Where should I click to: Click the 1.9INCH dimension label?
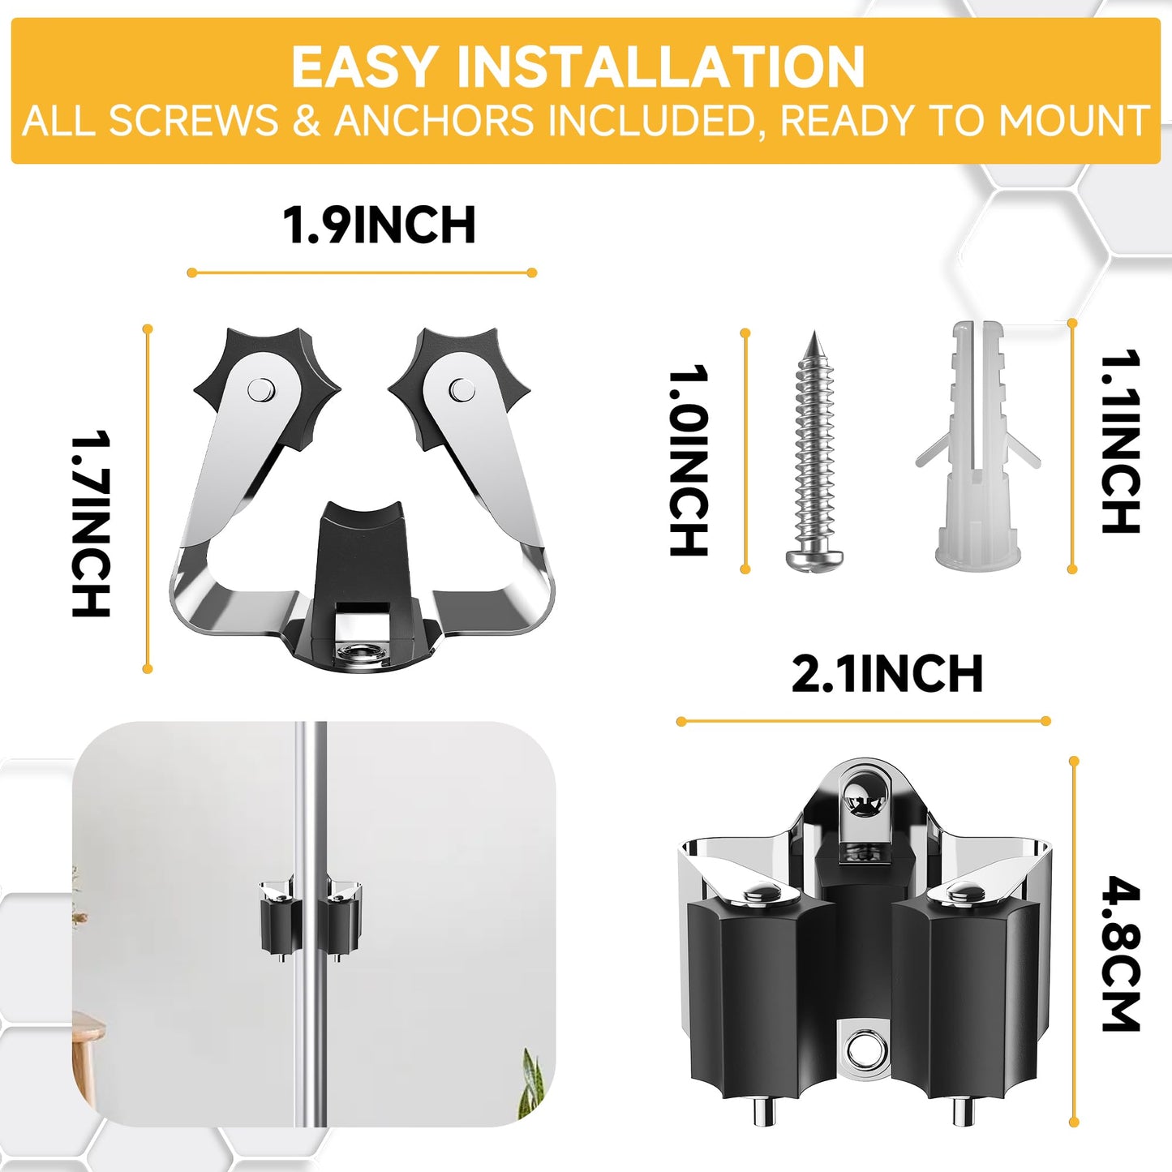(x=379, y=225)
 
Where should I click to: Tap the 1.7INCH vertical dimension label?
(x=91, y=524)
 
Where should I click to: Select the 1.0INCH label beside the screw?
(x=689, y=460)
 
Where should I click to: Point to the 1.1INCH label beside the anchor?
(x=1121, y=442)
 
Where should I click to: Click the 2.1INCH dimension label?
(x=887, y=675)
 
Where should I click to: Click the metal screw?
(x=814, y=454)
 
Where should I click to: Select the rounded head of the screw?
(x=814, y=557)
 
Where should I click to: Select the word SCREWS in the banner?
(x=193, y=122)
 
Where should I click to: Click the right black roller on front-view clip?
(x=965, y=998)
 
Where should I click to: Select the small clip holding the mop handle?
(x=311, y=917)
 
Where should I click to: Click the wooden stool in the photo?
(x=88, y=1054)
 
